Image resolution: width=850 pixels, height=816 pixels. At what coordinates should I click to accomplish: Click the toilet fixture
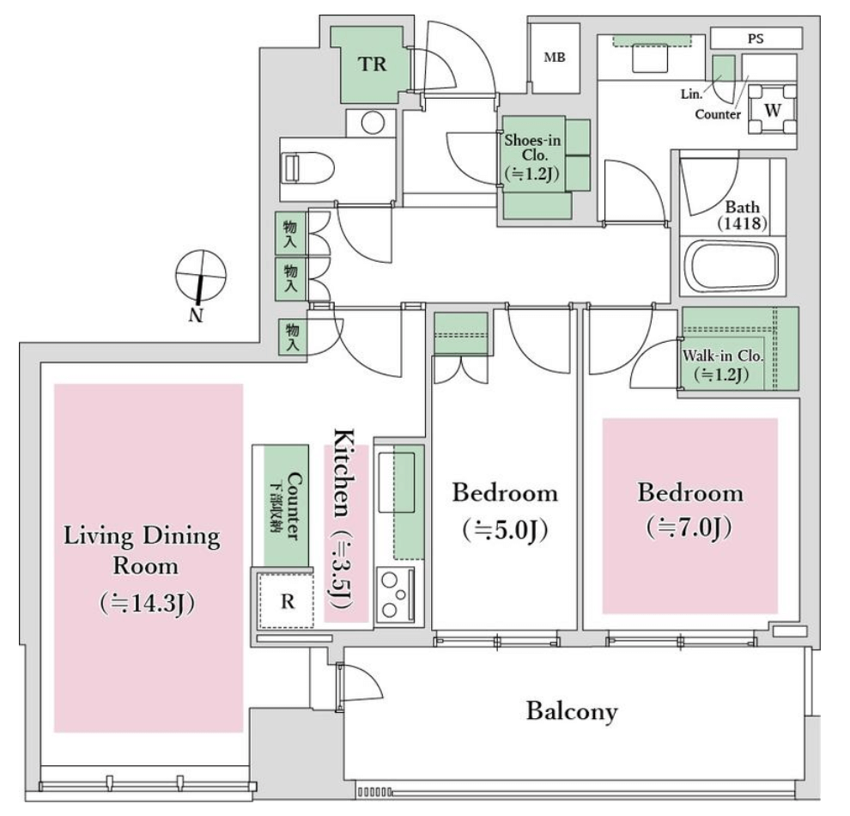click(x=307, y=168)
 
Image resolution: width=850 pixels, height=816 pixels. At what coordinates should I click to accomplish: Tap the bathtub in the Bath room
click(x=732, y=267)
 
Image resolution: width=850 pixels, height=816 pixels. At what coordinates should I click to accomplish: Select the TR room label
click(x=373, y=64)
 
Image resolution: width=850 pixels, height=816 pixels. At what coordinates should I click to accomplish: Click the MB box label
click(x=555, y=57)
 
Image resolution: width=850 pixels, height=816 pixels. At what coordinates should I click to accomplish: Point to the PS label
click(x=756, y=39)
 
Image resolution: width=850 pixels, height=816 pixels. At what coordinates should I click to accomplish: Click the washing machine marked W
click(x=773, y=110)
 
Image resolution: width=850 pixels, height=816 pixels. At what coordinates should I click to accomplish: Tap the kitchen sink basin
click(x=397, y=482)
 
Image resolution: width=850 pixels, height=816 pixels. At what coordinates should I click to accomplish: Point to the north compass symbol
click(x=200, y=277)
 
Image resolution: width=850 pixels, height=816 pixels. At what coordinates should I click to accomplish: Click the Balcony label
click(x=572, y=711)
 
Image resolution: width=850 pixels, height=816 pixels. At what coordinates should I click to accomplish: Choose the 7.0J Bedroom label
click(x=689, y=510)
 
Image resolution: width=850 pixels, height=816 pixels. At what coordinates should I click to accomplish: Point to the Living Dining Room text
click(x=143, y=550)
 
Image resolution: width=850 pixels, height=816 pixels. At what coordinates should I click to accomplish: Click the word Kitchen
click(x=344, y=472)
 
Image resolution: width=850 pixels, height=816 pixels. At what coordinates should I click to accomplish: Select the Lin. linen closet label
click(x=691, y=94)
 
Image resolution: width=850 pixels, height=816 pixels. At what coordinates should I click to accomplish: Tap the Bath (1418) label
click(x=742, y=215)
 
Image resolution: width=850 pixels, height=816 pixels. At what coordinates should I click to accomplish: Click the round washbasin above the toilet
click(x=373, y=123)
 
